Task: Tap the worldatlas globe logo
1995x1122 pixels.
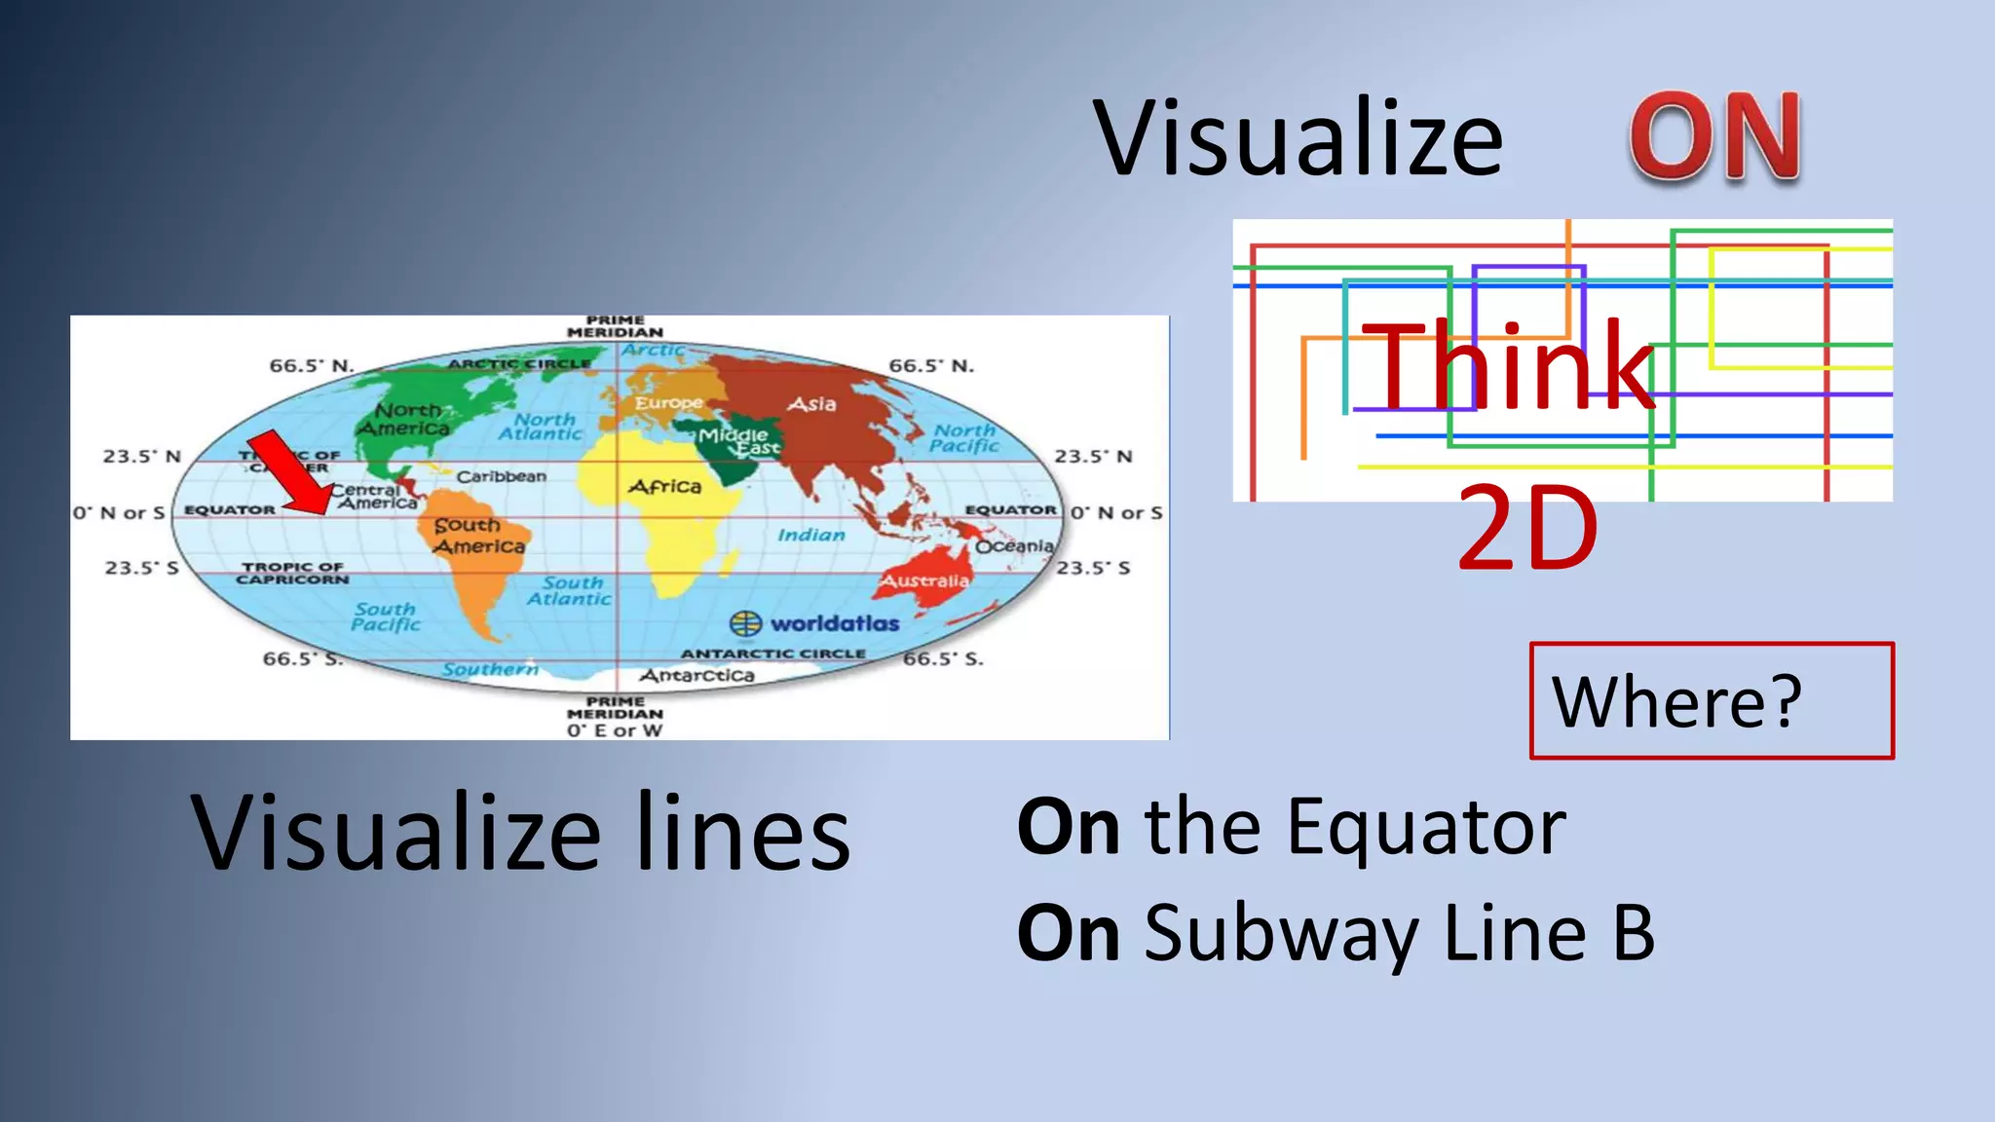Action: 745,623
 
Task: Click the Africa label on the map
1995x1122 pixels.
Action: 665,486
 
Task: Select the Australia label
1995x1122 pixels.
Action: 925,581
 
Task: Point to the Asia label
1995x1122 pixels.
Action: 812,403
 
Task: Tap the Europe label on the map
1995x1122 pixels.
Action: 669,402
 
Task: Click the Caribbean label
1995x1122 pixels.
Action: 502,476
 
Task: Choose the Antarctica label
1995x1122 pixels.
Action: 697,675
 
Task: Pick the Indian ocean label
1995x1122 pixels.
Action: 811,535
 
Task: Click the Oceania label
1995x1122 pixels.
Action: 1015,546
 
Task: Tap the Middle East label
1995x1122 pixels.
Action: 738,441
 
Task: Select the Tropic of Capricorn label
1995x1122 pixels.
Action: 292,573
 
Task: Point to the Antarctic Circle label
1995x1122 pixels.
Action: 773,654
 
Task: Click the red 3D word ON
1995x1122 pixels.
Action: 1715,137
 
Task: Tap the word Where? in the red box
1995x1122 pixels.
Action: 1676,700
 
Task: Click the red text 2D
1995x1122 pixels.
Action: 1527,530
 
